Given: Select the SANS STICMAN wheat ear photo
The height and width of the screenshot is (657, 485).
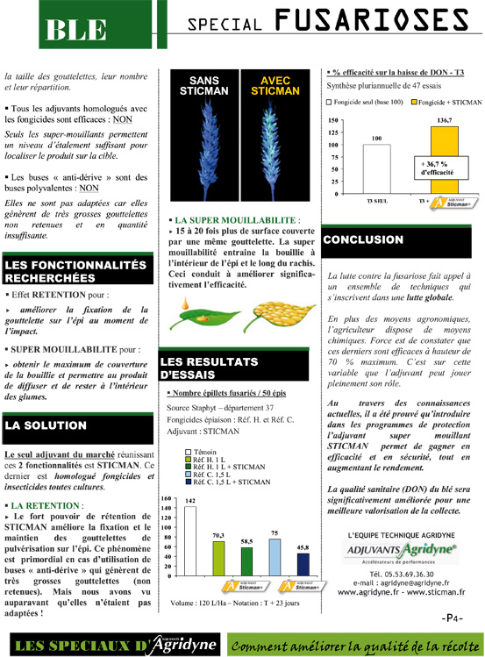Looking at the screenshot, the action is coord(204,140).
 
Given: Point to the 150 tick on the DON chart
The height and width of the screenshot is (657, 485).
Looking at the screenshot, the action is coord(333,120).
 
